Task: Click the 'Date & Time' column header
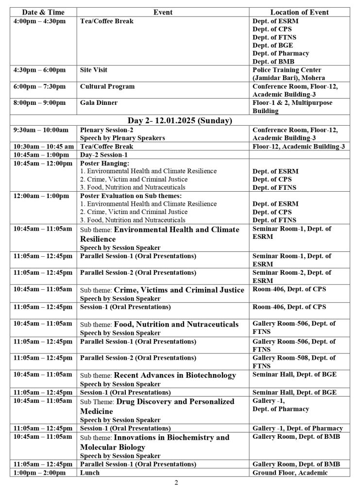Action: pos(44,12)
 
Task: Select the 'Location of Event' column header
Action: pos(299,12)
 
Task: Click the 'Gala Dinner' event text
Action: pos(98,103)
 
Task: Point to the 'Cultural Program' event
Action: pos(107,86)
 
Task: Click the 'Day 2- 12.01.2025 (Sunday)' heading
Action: pos(179,120)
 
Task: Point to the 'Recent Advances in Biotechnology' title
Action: pos(175,375)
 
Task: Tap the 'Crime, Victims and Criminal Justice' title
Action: pos(179,290)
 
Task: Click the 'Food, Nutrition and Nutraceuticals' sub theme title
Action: pos(176,324)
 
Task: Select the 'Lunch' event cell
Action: pos(90,472)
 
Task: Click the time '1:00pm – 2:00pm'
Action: pos(39,472)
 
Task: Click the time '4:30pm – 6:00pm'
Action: pos(39,70)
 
